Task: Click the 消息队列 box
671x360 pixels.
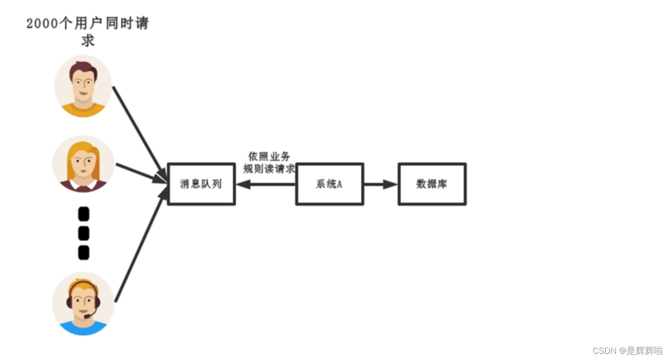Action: (x=201, y=184)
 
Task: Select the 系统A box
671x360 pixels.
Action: (x=329, y=184)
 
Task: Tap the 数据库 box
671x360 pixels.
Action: (x=432, y=184)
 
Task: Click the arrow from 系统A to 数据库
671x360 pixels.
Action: (x=381, y=184)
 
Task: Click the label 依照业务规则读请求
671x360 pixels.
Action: (x=269, y=162)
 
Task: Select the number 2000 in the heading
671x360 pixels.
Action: (x=42, y=24)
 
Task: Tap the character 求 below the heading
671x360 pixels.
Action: (x=88, y=41)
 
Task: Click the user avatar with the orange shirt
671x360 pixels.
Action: (x=83, y=86)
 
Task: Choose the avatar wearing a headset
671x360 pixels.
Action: (x=83, y=303)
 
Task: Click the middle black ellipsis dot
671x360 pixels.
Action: (x=84, y=234)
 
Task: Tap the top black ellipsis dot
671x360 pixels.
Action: (x=84, y=214)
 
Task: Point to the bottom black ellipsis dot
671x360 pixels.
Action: (x=84, y=253)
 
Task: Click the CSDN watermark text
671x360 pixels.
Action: (x=628, y=351)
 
